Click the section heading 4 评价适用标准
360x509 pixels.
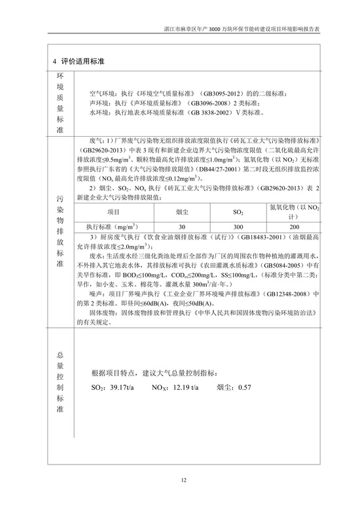[80, 61]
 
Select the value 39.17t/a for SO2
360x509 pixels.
[120, 387]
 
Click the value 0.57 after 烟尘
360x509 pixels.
[245, 387]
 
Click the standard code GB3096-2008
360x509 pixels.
[208, 103]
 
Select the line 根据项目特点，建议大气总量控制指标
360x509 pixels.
[154, 373]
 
